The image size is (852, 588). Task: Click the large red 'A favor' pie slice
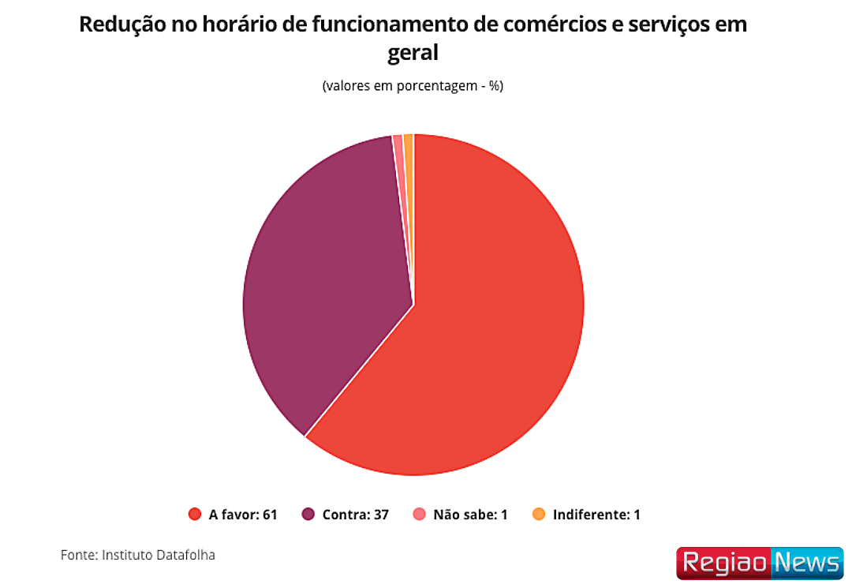pos(489,331)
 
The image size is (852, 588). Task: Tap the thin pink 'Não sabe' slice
pos(398,142)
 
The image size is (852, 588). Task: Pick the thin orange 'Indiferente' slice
pos(409,142)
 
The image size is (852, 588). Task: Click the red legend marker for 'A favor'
pos(195,515)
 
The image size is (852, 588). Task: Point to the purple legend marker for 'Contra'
pos(308,515)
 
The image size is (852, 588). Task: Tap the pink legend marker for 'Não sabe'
pos(420,515)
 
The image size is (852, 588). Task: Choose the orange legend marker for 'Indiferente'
pos(539,515)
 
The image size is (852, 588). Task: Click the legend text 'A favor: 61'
pos(243,515)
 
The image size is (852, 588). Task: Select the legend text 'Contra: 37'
pos(356,515)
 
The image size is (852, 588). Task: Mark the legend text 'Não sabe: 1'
pos(470,515)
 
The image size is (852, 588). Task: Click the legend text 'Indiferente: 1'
pos(596,515)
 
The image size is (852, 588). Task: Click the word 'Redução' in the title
pos(117,25)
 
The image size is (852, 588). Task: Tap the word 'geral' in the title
pos(413,54)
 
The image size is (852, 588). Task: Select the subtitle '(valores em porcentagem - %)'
pos(413,86)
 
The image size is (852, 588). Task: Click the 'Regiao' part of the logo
pos(723,564)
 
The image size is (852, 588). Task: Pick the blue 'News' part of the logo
pos(808,564)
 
